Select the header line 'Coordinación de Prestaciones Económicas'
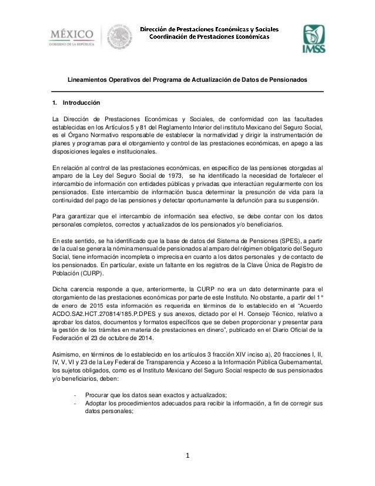pos(209,36)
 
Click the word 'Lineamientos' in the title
pos(87,79)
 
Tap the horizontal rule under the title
pos(187,91)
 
